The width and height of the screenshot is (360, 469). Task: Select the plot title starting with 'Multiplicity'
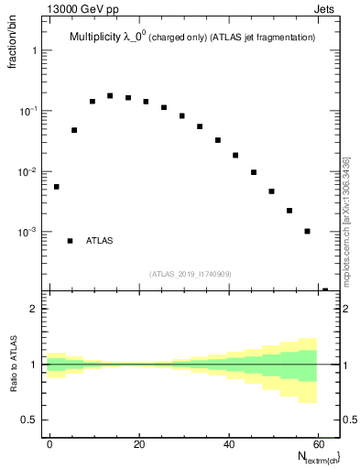pyautogui.click(x=192, y=37)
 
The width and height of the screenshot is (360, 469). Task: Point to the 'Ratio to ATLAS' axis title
pyautogui.click(x=14, y=365)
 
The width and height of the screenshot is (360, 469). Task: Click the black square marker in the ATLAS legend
pyautogui.click(x=71, y=241)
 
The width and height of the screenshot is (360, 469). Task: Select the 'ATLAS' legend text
pyautogui.click(x=100, y=241)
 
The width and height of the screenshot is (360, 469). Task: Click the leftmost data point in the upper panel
pyautogui.click(x=56, y=187)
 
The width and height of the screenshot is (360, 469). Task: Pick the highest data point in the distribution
pyautogui.click(x=110, y=95)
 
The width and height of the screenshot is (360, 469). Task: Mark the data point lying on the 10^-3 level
pyautogui.click(x=307, y=231)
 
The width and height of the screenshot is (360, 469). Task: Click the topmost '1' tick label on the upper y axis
pyautogui.click(x=35, y=50)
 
